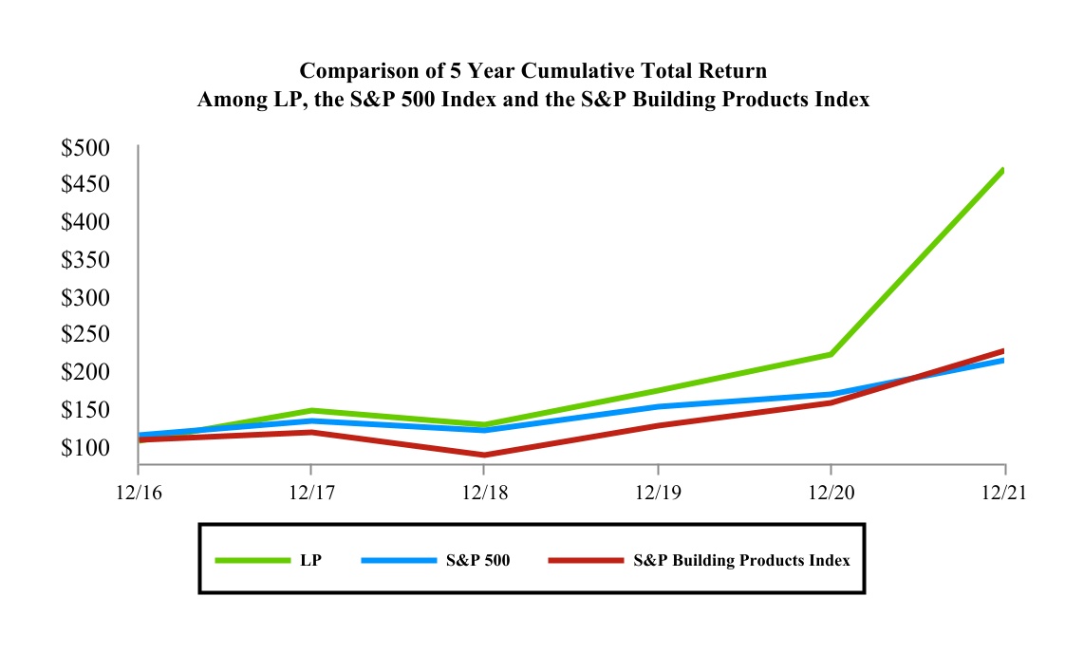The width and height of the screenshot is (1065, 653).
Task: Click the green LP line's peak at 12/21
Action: pyautogui.click(x=1002, y=171)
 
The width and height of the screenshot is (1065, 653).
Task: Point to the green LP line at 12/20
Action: pyautogui.click(x=831, y=354)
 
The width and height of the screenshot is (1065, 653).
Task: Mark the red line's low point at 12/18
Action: pyautogui.click(x=485, y=455)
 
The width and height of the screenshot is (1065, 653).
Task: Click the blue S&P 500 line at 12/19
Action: pyautogui.click(x=658, y=407)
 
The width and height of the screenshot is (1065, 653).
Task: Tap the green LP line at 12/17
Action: pyautogui.click(x=311, y=411)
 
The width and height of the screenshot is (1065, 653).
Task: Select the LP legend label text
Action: pyautogui.click(x=310, y=560)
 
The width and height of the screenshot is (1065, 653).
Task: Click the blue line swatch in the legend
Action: pyautogui.click(x=398, y=560)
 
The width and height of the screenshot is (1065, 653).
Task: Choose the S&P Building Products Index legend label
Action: pyautogui.click(x=740, y=560)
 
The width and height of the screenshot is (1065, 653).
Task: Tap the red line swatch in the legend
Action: pyautogui.click(x=586, y=560)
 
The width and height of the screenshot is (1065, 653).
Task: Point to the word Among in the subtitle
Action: pyautogui.click(x=232, y=99)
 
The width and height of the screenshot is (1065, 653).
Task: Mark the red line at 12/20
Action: pyautogui.click(x=831, y=402)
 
